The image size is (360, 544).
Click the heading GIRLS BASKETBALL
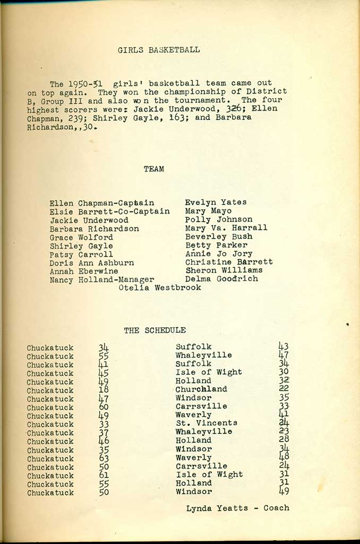pyautogui.click(x=159, y=50)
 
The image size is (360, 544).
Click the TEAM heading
pyautogui.click(x=154, y=169)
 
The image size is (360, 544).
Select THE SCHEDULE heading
pyautogui.click(x=155, y=330)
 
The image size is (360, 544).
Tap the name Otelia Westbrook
pyautogui.click(x=160, y=287)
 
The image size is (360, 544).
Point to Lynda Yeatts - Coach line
pyautogui.click(x=238, y=508)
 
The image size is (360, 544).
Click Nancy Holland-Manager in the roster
pyautogui.click(x=102, y=279)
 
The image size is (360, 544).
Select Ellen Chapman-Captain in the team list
pyautogui.click(x=102, y=203)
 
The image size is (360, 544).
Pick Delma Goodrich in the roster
pyautogui.click(x=221, y=279)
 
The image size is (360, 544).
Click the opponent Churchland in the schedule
pyautogui.click(x=201, y=389)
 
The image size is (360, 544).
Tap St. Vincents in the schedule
pyautogui.click(x=207, y=423)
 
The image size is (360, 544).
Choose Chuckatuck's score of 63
pyautogui.click(x=104, y=458)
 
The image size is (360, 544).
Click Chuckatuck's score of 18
pyautogui.click(x=104, y=390)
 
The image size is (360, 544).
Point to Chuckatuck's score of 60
pyautogui.click(x=104, y=407)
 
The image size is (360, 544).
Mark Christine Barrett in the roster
pyautogui.click(x=229, y=262)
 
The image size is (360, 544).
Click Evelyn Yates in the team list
pyautogui.click(x=216, y=202)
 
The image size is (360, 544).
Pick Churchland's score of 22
pyautogui.click(x=284, y=389)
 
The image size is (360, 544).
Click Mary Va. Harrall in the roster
pyautogui.click(x=226, y=228)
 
